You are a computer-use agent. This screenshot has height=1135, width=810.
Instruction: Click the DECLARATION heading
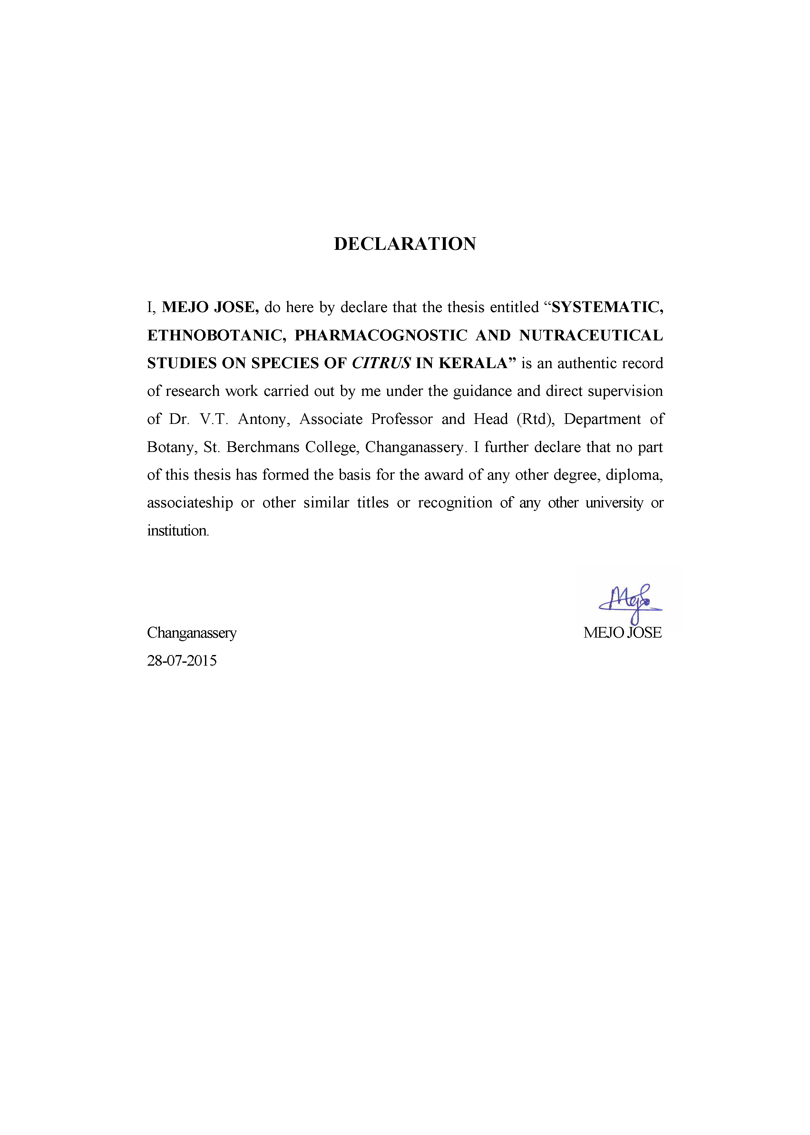click(x=405, y=244)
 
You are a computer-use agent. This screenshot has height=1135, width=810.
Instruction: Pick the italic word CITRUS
click(x=381, y=363)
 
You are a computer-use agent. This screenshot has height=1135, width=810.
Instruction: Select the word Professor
click(x=402, y=419)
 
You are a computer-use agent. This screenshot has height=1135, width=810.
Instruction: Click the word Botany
click(x=170, y=447)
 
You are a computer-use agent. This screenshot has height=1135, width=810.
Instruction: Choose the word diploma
click(x=634, y=475)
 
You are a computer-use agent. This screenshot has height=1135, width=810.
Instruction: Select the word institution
click(x=178, y=531)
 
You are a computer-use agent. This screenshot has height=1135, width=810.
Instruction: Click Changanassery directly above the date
click(x=191, y=633)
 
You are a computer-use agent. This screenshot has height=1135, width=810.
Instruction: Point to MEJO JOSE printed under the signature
click(x=622, y=633)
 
